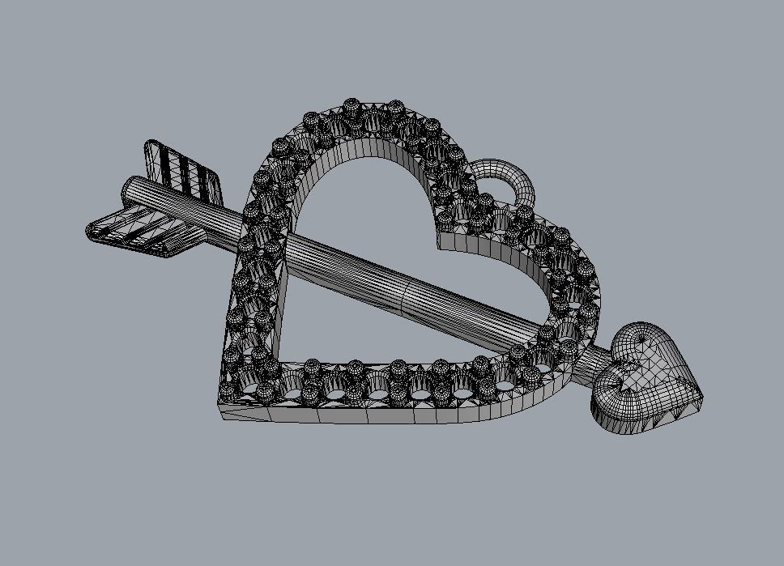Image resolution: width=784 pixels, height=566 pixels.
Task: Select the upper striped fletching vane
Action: (182, 170)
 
